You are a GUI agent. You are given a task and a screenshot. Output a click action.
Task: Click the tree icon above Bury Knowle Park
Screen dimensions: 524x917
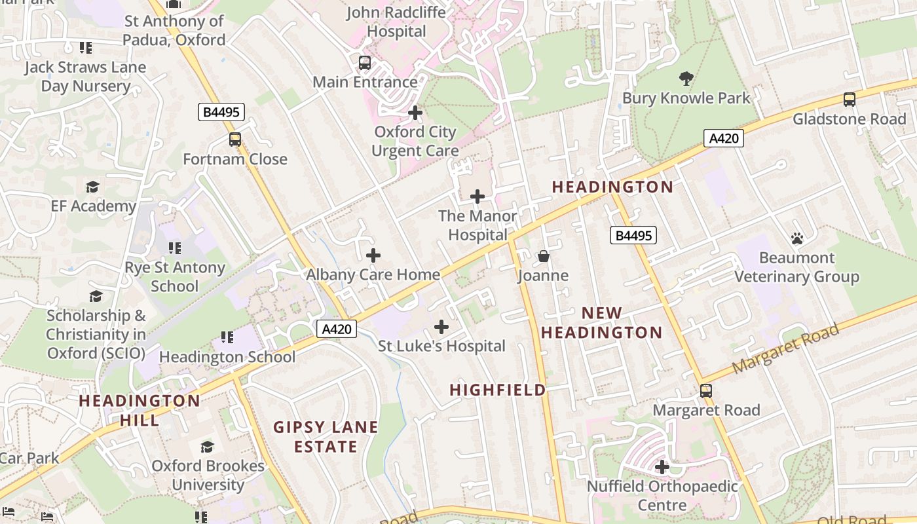[686, 79]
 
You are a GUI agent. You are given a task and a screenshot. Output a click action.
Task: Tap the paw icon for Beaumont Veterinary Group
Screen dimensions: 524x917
[796, 238]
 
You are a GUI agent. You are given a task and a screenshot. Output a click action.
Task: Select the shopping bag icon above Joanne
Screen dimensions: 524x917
[543, 256]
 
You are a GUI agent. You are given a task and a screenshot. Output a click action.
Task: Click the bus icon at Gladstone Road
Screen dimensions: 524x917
[849, 100]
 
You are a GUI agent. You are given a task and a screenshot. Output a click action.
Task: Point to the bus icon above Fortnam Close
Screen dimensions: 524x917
[234, 140]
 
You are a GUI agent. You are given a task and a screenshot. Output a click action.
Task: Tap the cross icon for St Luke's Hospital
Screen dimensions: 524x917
[441, 327]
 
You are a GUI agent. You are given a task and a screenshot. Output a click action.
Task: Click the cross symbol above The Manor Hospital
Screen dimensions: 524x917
[477, 196]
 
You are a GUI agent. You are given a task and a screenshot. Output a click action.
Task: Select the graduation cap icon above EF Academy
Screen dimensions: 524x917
[93, 187]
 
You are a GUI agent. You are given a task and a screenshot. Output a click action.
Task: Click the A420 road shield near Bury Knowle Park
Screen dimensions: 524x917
[724, 138]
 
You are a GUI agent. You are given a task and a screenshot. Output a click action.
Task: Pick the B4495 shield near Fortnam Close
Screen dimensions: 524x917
[221, 113]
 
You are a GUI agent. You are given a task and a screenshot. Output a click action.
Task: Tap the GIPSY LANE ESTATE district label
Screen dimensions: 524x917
[326, 437]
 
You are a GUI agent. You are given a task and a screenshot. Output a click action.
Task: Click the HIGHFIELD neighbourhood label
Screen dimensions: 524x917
[498, 390]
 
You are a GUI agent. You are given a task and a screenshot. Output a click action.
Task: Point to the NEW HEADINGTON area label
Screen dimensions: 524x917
[601, 323]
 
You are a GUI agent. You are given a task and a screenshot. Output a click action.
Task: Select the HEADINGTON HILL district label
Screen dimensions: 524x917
[140, 410]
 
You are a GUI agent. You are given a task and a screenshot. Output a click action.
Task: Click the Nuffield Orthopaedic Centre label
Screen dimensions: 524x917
[662, 496]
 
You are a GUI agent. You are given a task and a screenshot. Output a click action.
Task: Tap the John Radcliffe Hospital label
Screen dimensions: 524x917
[396, 22]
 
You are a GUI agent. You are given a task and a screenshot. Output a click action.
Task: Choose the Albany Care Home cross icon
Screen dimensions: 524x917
[373, 255]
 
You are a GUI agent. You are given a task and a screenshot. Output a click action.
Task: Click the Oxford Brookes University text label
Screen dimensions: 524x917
[208, 476]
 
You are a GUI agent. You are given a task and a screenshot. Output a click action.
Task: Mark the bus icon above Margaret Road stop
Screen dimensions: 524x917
[706, 391]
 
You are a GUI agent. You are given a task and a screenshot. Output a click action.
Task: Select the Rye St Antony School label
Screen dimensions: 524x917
[175, 276]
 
